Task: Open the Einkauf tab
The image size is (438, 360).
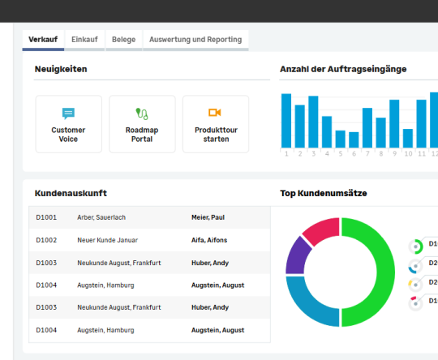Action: [x=84, y=39]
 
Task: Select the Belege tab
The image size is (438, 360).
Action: [x=123, y=39]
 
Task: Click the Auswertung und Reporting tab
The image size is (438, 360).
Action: [x=195, y=39]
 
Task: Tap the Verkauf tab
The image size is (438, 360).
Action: [x=43, y=39]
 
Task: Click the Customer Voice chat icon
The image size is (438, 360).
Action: [x=69, y=113]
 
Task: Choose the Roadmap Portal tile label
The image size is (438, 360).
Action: [x=142, y=135]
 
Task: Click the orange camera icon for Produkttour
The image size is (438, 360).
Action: [x=215, y=113]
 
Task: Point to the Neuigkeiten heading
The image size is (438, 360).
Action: [x=61, y=69]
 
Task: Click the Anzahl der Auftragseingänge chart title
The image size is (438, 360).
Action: [x=343, y=69]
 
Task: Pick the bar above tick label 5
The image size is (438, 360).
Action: [x=341, y=139]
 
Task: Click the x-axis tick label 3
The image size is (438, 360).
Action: [x=313, y=153]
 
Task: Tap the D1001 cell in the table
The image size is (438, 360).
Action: [x=46, y=217]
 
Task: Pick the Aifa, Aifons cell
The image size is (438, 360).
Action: [x=209, y=240]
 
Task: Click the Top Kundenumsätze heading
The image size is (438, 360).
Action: [x=324, y=193]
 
